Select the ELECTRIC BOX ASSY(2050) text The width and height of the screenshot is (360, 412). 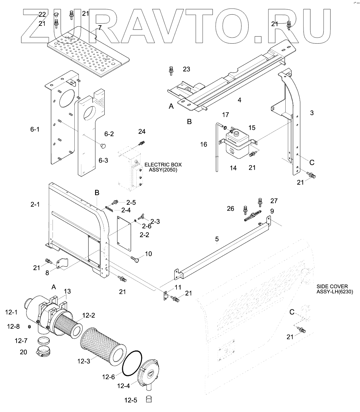point(163,167)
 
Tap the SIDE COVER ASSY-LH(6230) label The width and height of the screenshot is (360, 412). point(334,289)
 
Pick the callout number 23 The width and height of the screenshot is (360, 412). point(186,69)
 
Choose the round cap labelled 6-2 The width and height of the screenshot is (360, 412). point(103,146)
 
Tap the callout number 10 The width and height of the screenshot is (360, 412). point(148,254)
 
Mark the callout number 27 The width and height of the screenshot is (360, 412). point(274,201)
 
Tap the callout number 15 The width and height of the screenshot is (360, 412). point(252,128)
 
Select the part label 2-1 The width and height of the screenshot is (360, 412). point(35,204)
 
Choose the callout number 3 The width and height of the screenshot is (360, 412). point(312,113)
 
